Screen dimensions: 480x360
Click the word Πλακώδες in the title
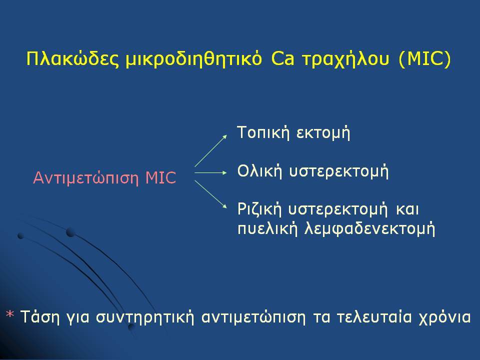point(72,58)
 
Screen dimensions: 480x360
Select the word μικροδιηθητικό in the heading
point(194,59)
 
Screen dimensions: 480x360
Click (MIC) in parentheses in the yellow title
point(425,59)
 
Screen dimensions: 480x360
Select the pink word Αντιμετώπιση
point(86,177)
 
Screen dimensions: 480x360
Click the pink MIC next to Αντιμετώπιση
point(161,177)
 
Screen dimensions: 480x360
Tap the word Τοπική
point(263,132)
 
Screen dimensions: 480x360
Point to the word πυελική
point(267,228)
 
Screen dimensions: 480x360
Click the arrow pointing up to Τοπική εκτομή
point(211,151)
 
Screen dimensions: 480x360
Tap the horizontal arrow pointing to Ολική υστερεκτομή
point(211,173)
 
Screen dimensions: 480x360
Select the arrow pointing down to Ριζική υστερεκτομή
point(211,194)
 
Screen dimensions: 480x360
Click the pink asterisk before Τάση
point(10,315)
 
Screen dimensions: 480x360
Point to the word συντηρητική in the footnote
point(145,317)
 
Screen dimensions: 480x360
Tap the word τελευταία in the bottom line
point(374,317)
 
